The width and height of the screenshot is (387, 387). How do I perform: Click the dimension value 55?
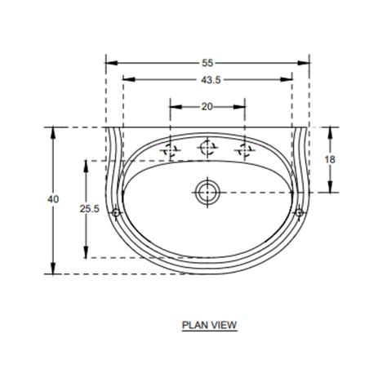point(208,62)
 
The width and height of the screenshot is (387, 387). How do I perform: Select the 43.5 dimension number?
point(208,79)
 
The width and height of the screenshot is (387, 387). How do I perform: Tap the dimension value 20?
point(207,106)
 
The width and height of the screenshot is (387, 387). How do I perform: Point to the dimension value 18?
point(330,160)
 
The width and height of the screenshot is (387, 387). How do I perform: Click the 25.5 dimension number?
point(89,209)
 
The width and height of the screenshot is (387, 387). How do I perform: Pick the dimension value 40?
point(54,199)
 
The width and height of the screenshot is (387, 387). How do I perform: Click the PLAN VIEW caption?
point(209,325)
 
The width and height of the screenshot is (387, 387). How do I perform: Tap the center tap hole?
point(208,147)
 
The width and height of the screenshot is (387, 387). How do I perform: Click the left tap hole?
point(171,149)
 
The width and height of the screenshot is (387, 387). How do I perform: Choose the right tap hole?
point(245,149)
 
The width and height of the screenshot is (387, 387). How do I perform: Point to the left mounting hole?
point(117,213)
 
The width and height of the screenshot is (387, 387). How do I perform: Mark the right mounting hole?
point(299,213)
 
